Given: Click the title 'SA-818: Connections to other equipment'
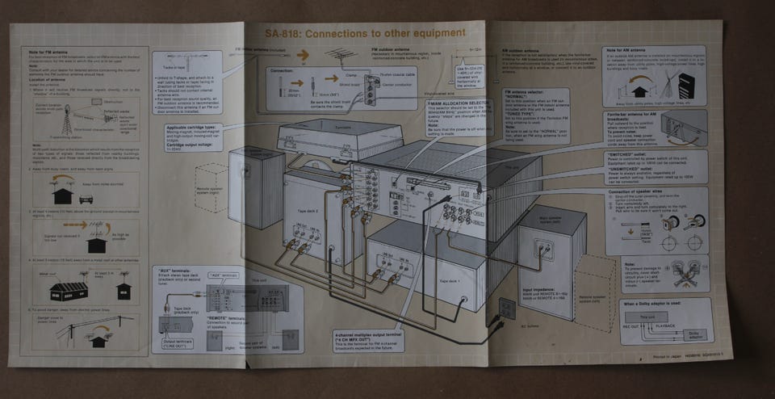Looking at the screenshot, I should point(365,34).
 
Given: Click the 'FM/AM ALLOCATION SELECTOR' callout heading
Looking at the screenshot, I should point(457,104).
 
